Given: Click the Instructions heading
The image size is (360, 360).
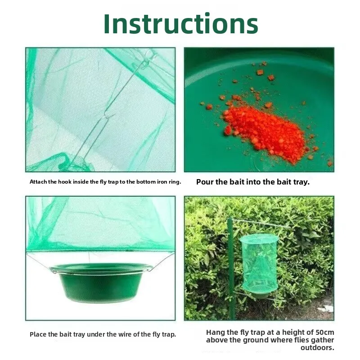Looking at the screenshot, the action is click(181, 24).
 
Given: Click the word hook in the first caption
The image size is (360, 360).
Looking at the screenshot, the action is click(64, 182).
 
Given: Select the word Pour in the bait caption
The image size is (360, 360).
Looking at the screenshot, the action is click(205, 182).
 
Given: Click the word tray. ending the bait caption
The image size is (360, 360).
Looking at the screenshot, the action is click(301, 182).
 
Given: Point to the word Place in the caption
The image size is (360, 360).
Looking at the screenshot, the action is click(38, 334).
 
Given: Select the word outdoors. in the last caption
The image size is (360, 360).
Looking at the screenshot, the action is click(317, 348).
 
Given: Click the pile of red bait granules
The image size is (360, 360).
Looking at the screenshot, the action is click(264, 131).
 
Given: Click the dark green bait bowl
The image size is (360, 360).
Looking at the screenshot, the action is click(101, 283).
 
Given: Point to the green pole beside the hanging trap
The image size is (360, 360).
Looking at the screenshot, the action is click(230, 269).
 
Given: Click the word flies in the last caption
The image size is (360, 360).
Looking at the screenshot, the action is click(301, 340).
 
